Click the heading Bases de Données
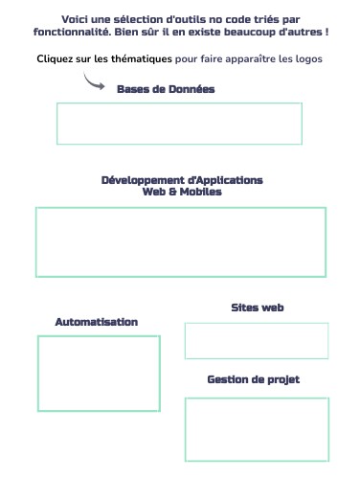[166, 89]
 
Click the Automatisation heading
[96, 322]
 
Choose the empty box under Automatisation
[99, 373]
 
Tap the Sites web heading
[257, 308]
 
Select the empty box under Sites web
[257, 341]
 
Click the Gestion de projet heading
[253, 379]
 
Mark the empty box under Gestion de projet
[257, 428]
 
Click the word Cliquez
[57, 59]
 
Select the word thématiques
[141, 59]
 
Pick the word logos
[307, 59]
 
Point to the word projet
[282, 379]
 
